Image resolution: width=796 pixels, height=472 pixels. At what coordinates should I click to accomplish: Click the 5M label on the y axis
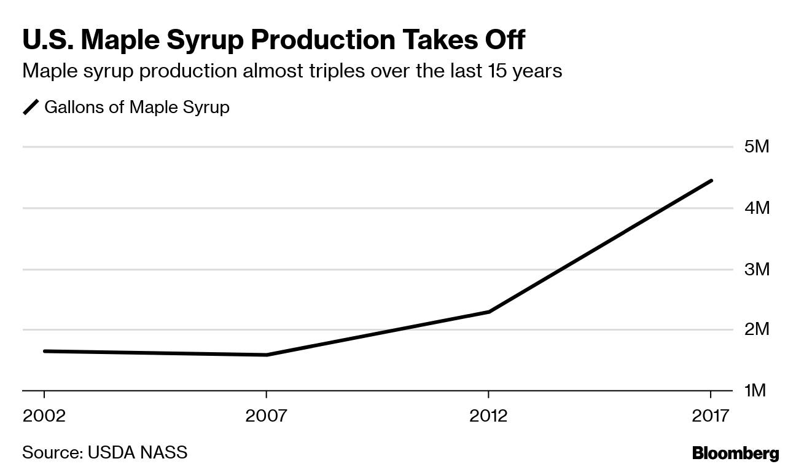click(x=756, y=147)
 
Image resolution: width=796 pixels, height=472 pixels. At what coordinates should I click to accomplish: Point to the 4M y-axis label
click(x=756, y=208)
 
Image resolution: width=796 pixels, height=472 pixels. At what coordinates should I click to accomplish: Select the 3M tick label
click(x=756, y=269)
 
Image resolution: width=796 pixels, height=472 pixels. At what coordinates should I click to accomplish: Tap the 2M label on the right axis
click(x=756, y=330)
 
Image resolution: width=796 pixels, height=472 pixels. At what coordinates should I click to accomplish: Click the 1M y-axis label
click(x=755, y=391)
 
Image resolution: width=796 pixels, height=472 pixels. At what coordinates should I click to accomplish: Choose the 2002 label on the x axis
click(x=44, y=416)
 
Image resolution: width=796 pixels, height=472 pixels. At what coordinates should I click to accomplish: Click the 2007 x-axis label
click(x=266, y=416)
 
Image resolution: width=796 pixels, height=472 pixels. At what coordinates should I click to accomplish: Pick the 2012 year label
click(x=488, y=416)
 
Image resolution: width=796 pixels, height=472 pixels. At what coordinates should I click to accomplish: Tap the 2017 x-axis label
click(x=710, y=416)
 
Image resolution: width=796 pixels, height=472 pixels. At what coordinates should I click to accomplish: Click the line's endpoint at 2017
click(x=711, y=181)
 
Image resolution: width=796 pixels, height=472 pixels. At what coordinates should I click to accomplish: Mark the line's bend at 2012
click(x=489, y=312)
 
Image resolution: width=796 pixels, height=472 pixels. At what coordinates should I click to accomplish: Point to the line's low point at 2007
click(x=267, y=355)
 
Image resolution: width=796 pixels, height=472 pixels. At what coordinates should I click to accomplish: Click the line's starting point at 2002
click(x=45, y=351)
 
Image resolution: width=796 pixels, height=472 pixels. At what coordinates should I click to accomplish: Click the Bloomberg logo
click(x=735, y=454)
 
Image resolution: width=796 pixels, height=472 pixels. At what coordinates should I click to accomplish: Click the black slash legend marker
click(x=31, y=108)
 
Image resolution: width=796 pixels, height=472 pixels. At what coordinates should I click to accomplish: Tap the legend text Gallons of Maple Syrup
click(x=137, y=107)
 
